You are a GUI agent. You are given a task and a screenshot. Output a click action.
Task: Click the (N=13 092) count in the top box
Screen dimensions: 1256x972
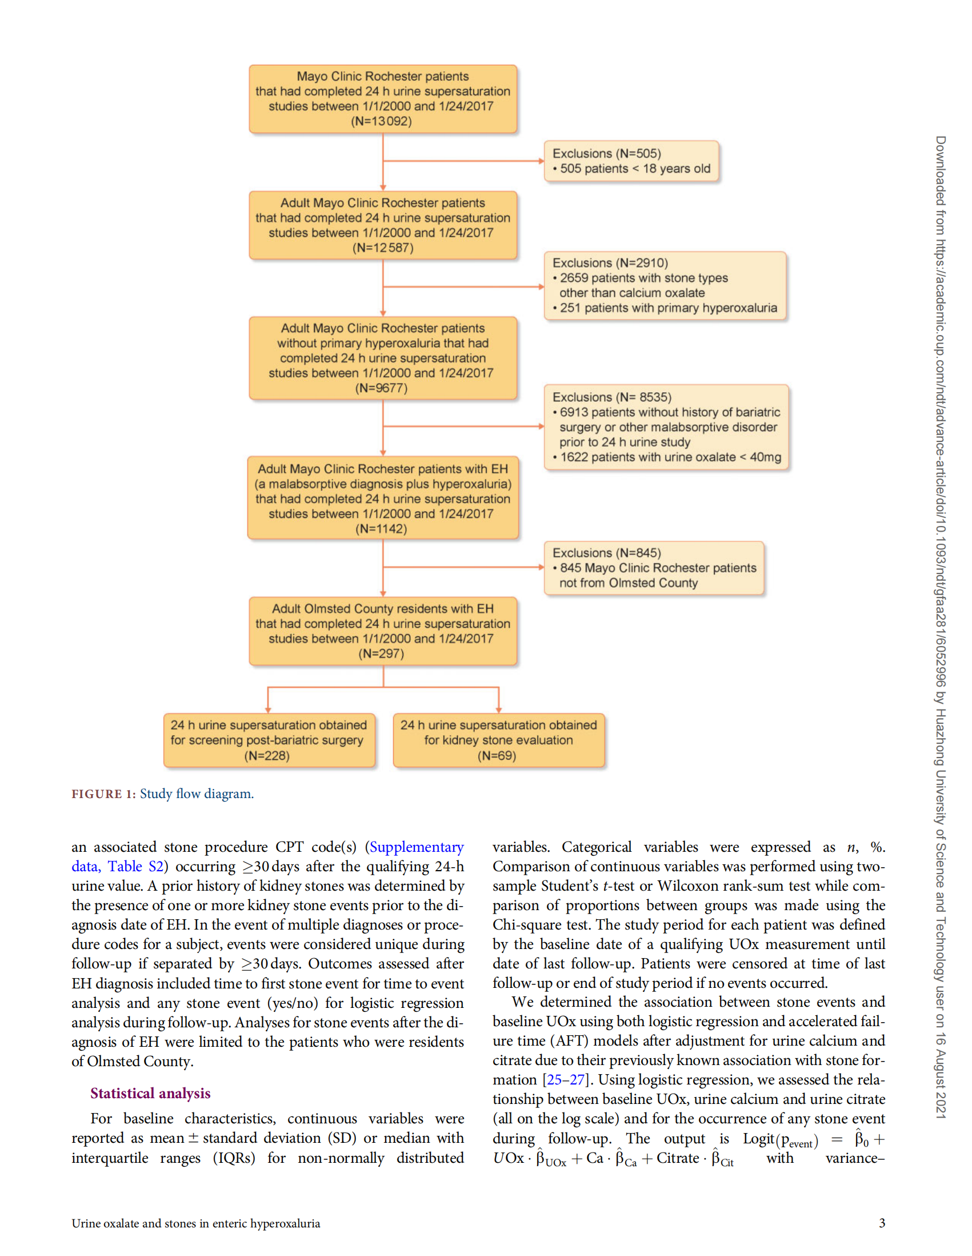click(x=381, y=121)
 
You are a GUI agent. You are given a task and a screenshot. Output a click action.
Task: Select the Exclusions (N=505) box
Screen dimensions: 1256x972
click(x=631, y=161)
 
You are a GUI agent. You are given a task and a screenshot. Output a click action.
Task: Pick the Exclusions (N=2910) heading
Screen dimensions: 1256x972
click(x=610, y=263)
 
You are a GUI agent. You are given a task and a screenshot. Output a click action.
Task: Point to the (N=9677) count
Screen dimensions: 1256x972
click(x=381, y=388)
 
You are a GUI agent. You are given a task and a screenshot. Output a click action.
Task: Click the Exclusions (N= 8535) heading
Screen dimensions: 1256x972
click(x=611, y=397)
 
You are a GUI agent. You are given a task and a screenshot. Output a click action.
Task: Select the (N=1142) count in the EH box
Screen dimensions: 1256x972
click(x=381, y=529)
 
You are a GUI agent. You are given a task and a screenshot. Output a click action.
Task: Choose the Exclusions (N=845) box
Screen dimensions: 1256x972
click(x=654, y=568)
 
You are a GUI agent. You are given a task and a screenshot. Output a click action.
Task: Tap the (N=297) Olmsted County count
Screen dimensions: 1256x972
click(x=381, y=654)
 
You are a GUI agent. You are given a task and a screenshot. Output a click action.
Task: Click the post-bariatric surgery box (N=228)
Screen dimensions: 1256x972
click(x=269, y=741)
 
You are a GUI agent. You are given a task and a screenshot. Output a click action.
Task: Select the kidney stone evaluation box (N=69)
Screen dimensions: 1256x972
click(x=498, y=741)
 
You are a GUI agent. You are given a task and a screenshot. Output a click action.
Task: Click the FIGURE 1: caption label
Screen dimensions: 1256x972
click(x=103, y=794)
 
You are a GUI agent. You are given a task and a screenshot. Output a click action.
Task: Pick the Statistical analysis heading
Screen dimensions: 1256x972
click(x=150, y=1093)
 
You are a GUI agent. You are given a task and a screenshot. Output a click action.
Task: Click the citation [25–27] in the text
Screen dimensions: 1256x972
click(x=566, y=1080)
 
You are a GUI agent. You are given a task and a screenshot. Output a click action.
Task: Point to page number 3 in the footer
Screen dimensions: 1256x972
click(x=882, y=1223)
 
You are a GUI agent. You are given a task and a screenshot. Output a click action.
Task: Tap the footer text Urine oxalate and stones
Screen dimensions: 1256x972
click(x=195, y=1223)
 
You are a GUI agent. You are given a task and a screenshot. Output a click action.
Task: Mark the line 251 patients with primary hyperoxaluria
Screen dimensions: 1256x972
click(x=668, y=308)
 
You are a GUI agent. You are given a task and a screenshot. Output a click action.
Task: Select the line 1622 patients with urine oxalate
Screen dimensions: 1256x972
click(x=670, y=457)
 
